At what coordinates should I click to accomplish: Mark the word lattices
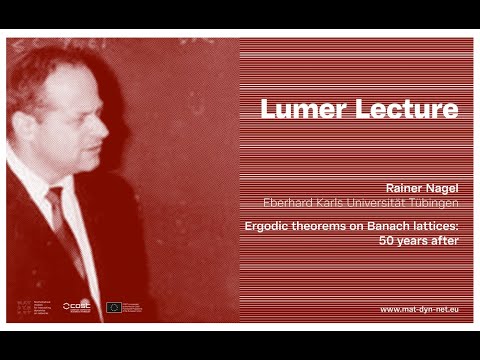point(435,227)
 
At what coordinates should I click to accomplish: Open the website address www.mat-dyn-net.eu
point(419,310)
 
